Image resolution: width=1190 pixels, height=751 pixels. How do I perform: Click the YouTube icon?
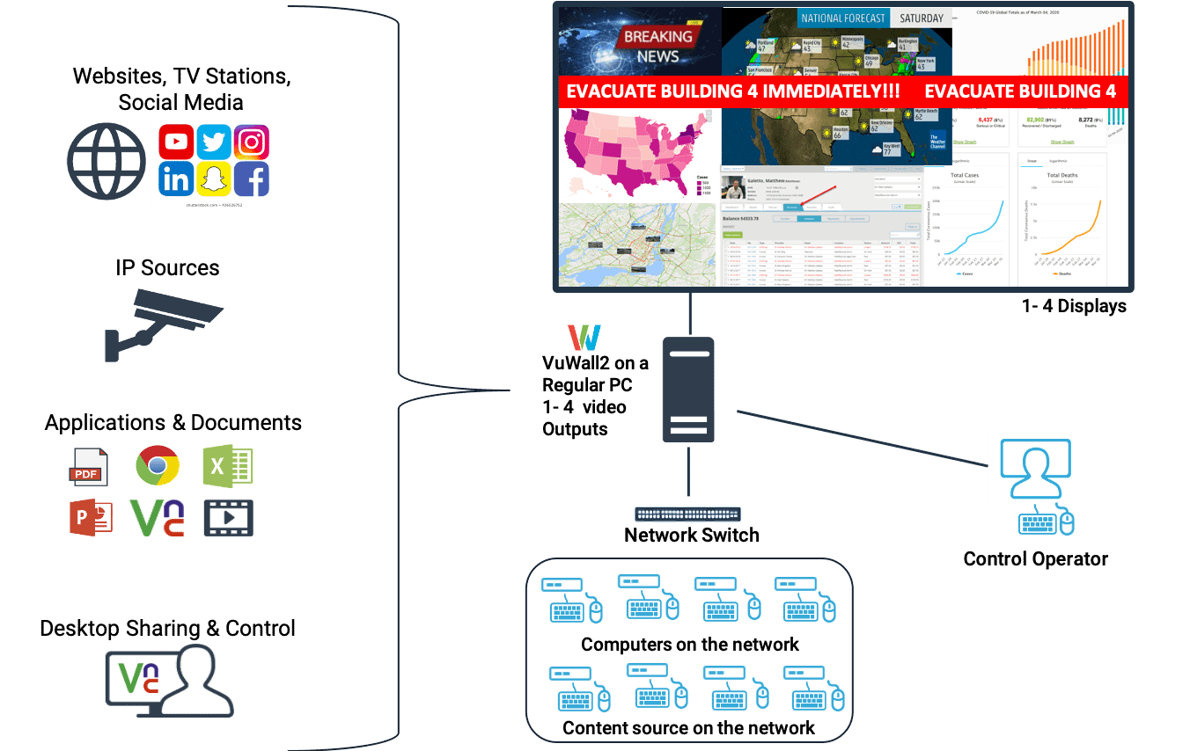click(x=177, y=142)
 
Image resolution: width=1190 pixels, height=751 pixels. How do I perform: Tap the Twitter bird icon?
click(x=214, y=142)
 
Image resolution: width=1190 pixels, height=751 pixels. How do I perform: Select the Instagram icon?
click(x=252, y=142)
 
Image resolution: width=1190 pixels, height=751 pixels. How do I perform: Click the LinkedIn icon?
click(x=177, y=179)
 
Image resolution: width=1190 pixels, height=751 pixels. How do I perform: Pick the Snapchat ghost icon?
click(x=214, y=179)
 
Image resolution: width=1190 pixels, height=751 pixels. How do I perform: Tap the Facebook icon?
click(x=252, y=179)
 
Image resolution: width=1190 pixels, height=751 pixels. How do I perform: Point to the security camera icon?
click(x=164, y=321)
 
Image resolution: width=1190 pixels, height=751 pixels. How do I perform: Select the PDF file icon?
click(x=89, y=467)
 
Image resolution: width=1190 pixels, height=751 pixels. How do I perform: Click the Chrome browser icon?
click(x=158, y=465)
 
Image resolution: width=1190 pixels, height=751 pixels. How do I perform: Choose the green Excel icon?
click(x=228, y=466)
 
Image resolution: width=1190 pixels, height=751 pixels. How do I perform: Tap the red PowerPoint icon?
click(x=91, y=517)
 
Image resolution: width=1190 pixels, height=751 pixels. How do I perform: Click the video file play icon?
click(x=228, y=518)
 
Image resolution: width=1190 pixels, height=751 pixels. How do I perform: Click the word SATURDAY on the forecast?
click(x=921, y=18)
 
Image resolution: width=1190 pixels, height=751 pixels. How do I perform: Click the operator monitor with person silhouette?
click(x=1037, y=467)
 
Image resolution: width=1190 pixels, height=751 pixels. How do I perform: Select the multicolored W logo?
click(x=584, y=339)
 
